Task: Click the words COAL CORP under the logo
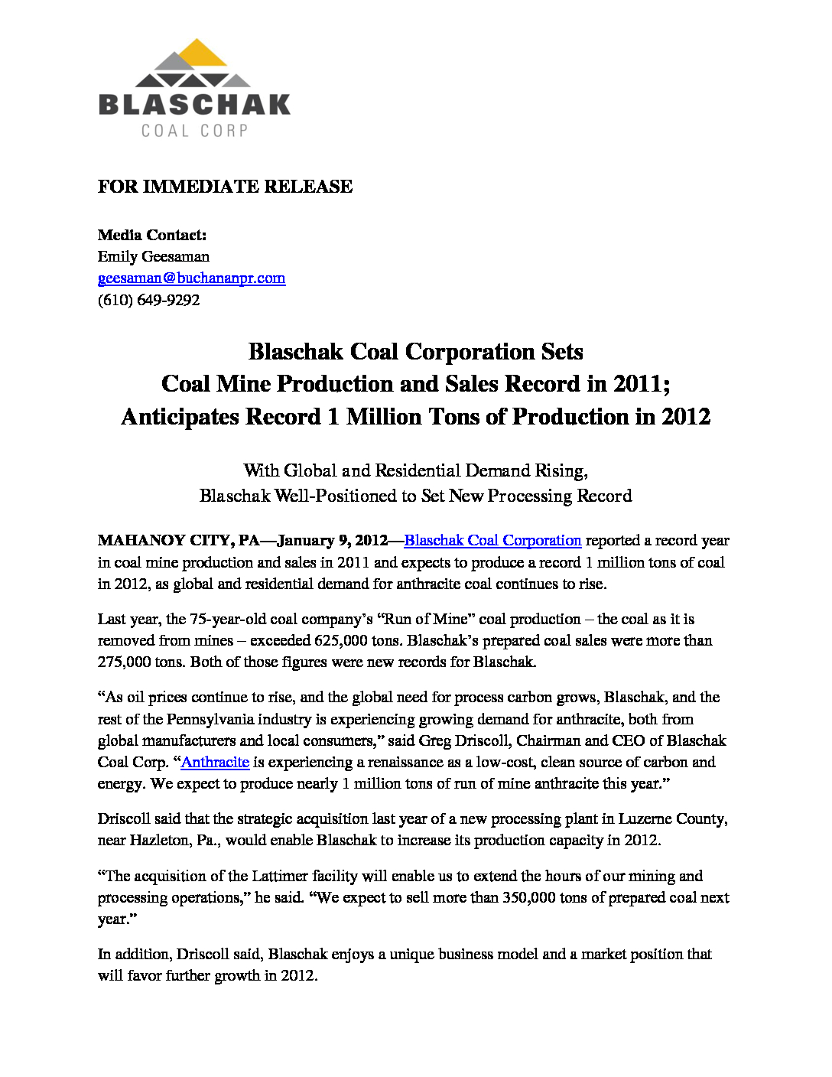[x=194, y=131]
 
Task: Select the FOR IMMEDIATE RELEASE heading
[x=225, y=187]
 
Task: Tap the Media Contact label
[x=151, y=235]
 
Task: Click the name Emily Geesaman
[x=153, y=256]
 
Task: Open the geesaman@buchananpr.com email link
[x=191, y=278]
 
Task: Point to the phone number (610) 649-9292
[x=148, y=300]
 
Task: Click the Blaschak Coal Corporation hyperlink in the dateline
[x=492, y=540]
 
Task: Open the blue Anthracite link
[x=215, y=762]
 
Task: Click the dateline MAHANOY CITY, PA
[x=178, y=540]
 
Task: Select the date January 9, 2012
[x=333, y=540]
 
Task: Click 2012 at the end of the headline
[x=686, y=417]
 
